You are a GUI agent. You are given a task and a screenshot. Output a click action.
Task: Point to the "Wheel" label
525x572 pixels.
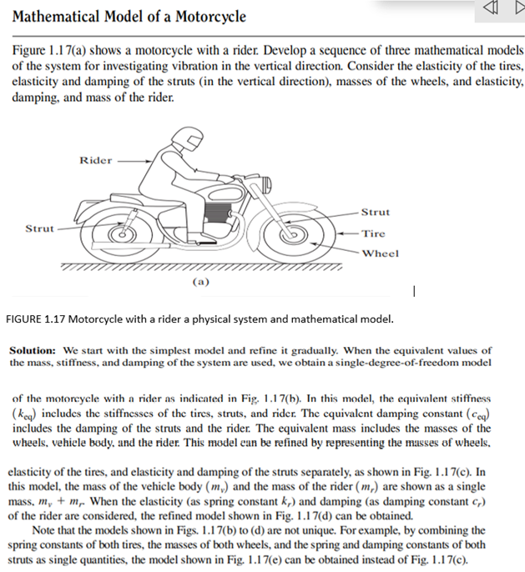point(380,253)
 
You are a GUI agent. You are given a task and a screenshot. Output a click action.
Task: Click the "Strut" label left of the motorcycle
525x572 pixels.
point(39,228)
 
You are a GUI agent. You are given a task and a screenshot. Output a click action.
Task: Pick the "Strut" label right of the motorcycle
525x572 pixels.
point(376,212)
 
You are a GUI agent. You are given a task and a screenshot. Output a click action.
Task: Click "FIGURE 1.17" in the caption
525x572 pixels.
point(41,319)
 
